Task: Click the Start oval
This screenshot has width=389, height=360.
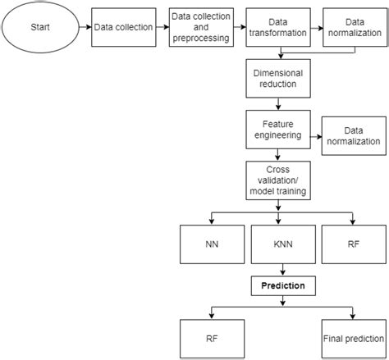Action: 39,27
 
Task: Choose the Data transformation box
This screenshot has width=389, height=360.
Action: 279,28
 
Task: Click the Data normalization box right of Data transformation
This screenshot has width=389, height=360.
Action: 353,28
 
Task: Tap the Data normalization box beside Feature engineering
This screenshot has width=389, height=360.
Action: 354,136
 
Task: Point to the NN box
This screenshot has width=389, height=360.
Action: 212,244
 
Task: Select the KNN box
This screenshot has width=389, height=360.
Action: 282,244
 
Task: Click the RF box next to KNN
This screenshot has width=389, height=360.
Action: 353,244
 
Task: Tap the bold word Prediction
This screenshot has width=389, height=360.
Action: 282,286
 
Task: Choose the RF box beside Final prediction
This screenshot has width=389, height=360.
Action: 212,337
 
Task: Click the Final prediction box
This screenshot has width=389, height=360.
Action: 354,337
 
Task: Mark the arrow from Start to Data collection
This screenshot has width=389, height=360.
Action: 83,28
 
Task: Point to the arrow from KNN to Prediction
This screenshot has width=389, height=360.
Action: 282,268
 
